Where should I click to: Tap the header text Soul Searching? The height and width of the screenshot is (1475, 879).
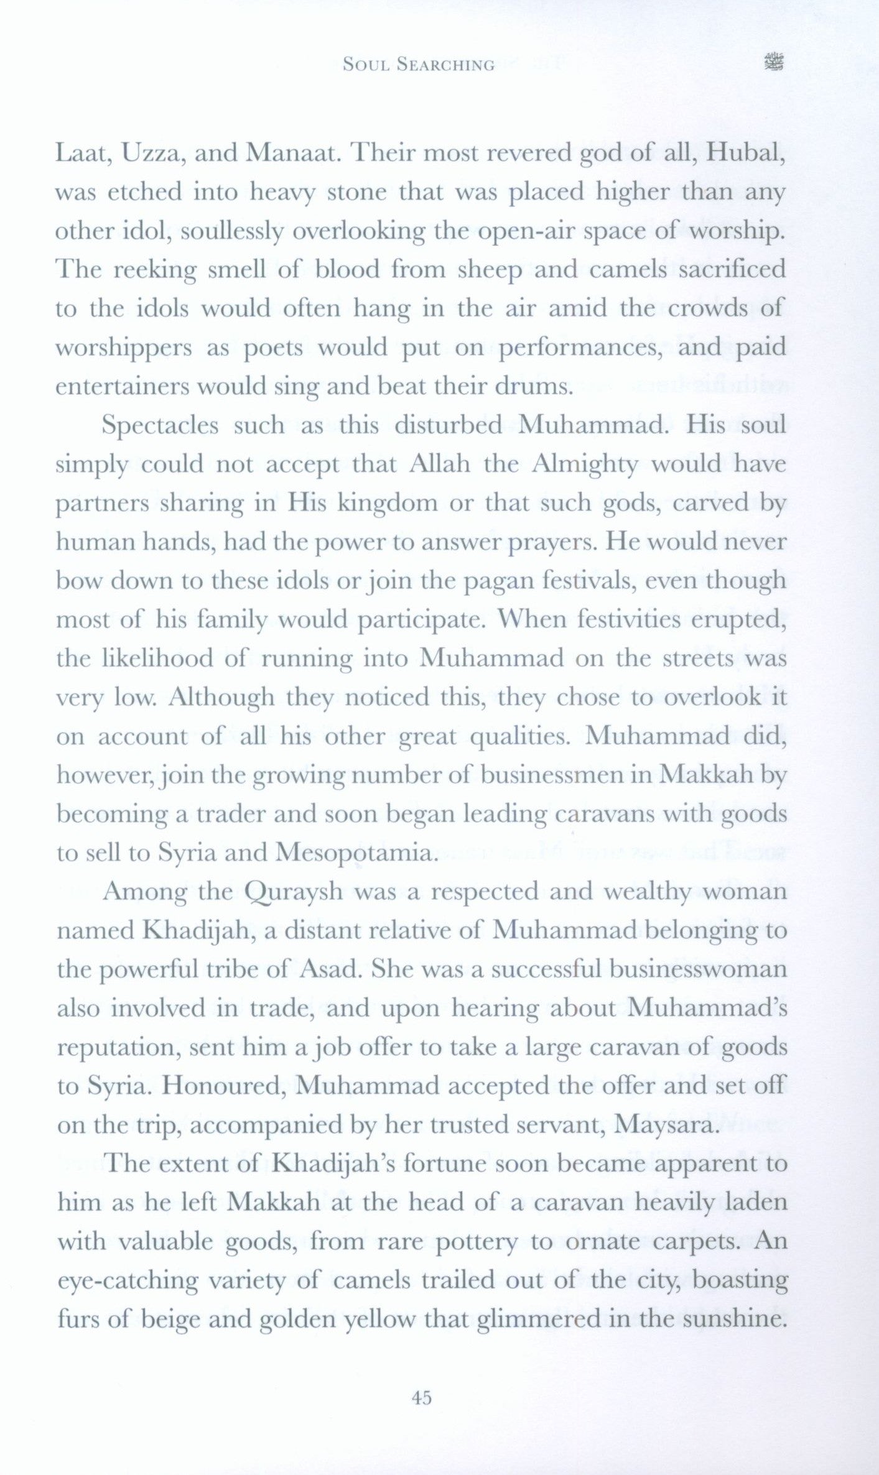pyautogui.click(x=419, y=64)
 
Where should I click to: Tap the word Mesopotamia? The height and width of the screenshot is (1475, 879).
pyautogui.click(x=361, y=853)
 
